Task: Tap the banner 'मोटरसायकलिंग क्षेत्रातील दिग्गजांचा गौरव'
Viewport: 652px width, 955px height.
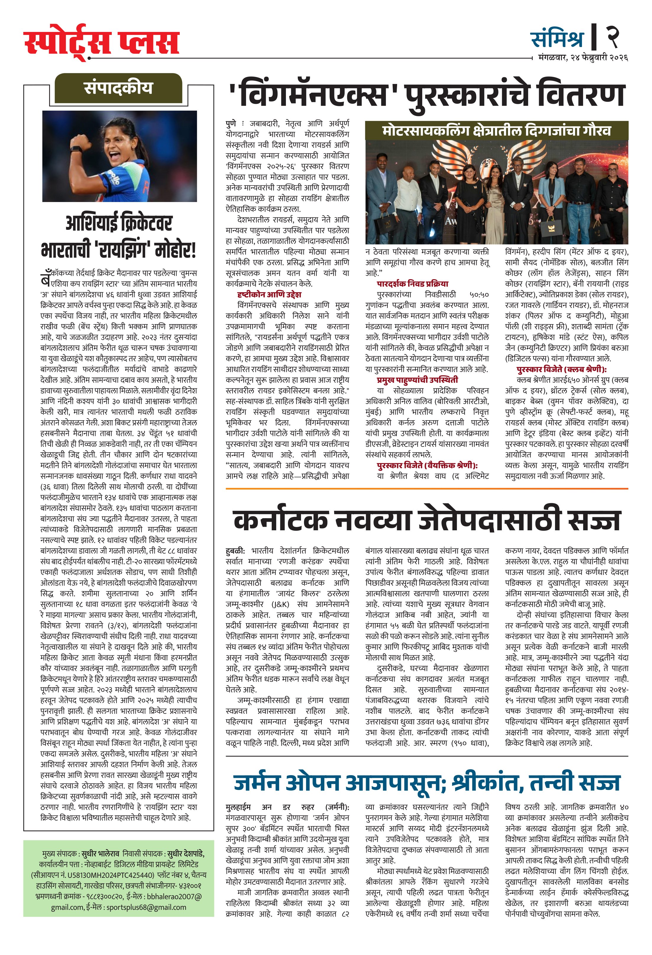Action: (x=496, y=131)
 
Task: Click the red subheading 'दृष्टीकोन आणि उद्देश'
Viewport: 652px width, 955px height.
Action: (x=269, y=294)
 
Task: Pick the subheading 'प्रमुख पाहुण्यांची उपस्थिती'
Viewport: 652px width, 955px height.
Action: (x=417, y=380)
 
